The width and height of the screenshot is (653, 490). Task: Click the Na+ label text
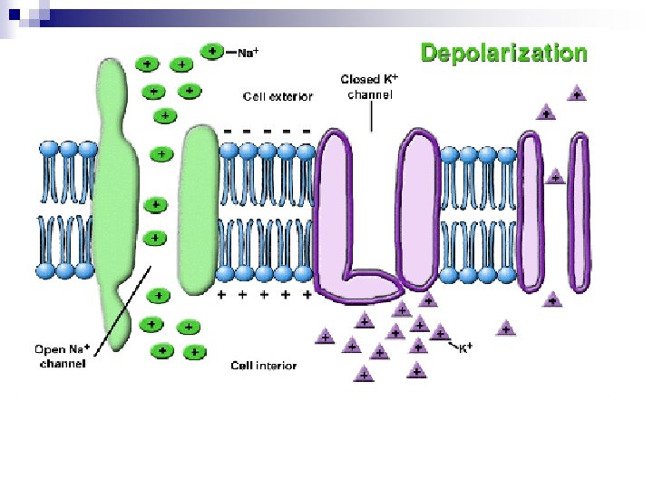click(x=248, y=53)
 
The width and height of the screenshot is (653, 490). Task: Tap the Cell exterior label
click(x=278, y=96)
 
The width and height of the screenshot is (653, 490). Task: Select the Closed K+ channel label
click(x=370, y=87)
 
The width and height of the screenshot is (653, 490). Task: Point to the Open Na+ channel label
click(x=63, y=357)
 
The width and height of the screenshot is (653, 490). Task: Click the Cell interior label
click(x=263, y=366)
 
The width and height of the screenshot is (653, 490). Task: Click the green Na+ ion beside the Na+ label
click(x=211, y=52)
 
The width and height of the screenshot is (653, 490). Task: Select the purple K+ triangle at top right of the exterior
click(x=576, y=93)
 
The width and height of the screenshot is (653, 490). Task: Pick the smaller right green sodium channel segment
click(x=200, y=211)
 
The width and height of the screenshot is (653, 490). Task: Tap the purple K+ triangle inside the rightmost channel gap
click(x=555, y=178)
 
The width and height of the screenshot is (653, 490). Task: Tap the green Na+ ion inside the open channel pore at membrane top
click(x=161, y=154)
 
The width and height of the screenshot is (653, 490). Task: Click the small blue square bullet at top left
click(x=14, y=12)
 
